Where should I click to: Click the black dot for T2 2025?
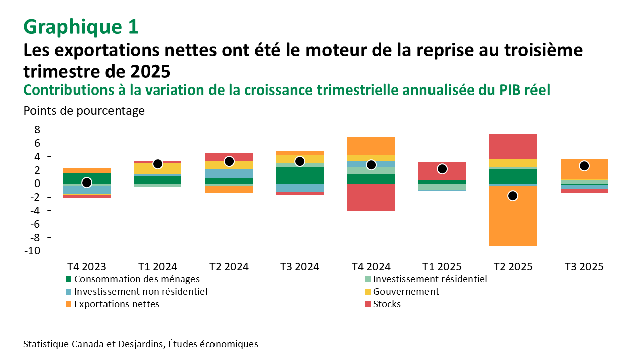click(x=513, y=196)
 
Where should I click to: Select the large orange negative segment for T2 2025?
click(x=513, y=221)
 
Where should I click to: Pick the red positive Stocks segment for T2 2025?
click(x=513, y=146)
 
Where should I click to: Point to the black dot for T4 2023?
click(x=86, y=183)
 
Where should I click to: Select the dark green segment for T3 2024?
click(x=300, y=175)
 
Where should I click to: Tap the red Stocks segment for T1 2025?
click(x=442, y=171)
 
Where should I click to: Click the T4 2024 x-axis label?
click(x=371, y=266)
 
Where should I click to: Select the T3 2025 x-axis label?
click(x=584, y=266)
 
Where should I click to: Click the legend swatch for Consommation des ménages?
click(x=68, y=279)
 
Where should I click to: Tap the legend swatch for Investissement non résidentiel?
click(x=68, y=292)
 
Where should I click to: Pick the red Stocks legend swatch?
click(x=367, y=304)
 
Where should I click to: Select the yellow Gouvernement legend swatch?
click(x=367, y=292)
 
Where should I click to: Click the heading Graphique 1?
click(x=80, y=27)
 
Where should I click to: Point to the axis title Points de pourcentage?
click(x=84, y=111)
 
